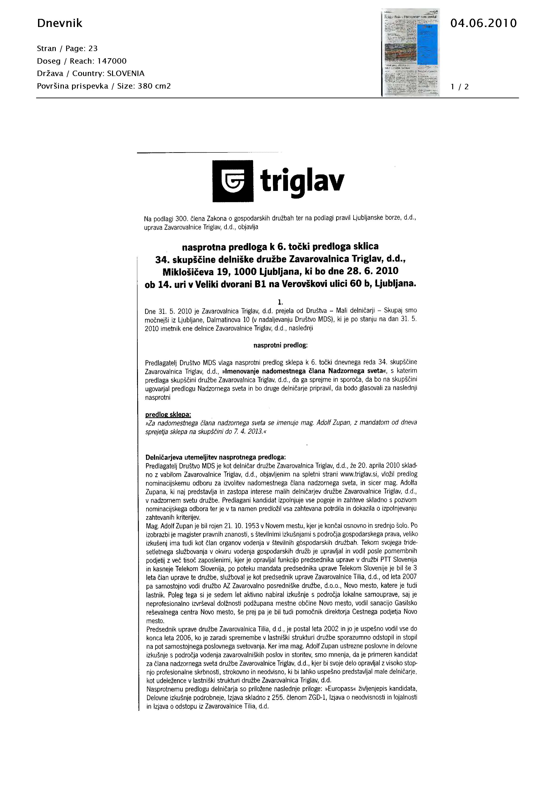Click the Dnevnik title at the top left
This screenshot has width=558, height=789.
tap(59, 23)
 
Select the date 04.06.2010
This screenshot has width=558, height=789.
tap(483, 23)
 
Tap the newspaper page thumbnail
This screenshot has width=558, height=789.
tap(410, 52)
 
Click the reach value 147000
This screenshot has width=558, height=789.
tap(112, 61)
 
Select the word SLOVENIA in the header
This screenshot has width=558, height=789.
tap(126, 74)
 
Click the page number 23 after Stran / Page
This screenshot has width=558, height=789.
tap(93, 48)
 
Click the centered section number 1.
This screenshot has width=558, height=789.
tap(280, 302)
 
